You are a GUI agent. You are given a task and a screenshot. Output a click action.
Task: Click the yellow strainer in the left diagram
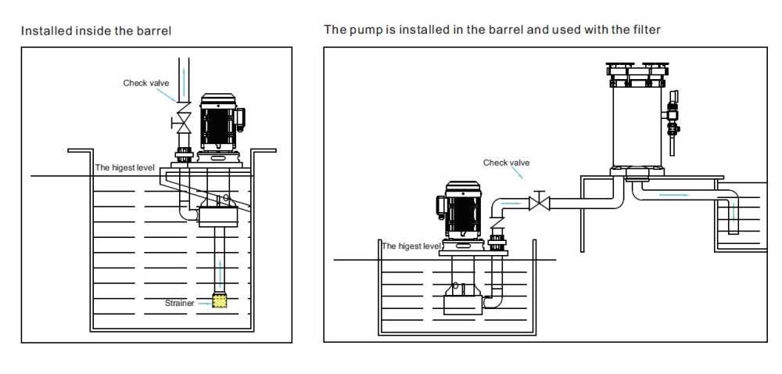(x=220, y=301)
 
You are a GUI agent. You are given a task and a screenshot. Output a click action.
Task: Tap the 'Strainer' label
(x=179, y=303)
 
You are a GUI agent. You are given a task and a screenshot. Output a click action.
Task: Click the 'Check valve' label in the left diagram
(x=145, y=82)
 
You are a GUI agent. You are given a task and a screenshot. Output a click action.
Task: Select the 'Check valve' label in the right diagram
(x=506, y=163)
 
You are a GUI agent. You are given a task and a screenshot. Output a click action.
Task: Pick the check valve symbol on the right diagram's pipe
(x=539, y=203)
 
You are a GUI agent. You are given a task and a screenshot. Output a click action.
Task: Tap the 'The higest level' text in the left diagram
(x=125, y=167)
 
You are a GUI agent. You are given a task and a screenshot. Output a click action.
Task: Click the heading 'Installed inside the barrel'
(x=95, y=31)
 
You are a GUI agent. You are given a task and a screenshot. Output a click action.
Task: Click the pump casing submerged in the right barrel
(x=462, y=300)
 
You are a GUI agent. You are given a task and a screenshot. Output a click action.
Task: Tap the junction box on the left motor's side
(x=241, y=118)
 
